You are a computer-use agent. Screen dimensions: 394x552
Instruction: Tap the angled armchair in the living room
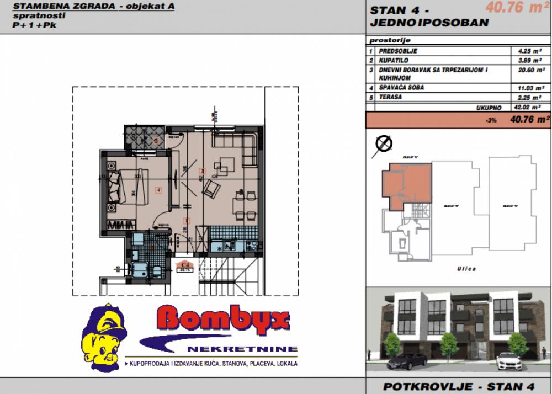[x=211, y=191]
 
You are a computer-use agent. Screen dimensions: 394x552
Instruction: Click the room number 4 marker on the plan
[x=158, y=190]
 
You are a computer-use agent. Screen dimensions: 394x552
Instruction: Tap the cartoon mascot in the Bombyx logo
[x=103, y=337]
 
